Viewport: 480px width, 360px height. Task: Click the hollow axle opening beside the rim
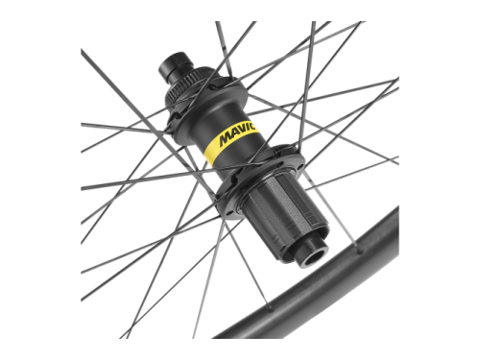click(x=315, y=256)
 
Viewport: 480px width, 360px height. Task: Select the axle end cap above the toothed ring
click(x=174, y=67)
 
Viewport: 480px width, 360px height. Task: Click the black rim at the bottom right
click(x=320, y=288)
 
